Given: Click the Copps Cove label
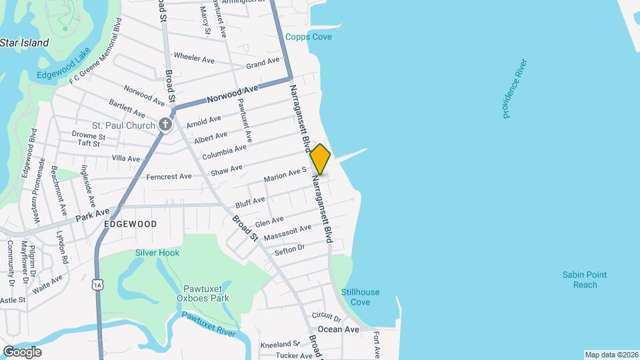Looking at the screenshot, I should pos(309,37).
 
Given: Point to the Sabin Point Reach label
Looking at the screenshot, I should pos(580,279).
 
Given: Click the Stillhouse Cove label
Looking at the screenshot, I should pos(361,297).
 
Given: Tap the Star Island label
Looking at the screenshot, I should pos(25,43).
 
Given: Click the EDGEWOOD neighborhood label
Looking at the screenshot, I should pos(131,224).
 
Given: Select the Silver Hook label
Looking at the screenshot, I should pos(157,253).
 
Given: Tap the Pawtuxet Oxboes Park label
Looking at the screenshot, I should pos(207,293).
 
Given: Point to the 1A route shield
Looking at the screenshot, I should pos(99,285).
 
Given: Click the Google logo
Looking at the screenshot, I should pos(21,351).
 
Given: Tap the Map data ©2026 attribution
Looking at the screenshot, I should pos(611,355).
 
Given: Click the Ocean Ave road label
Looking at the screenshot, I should pos(339,329).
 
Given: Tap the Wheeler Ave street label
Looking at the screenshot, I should pos(193,59).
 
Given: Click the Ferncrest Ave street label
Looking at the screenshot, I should pos(169,177).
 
